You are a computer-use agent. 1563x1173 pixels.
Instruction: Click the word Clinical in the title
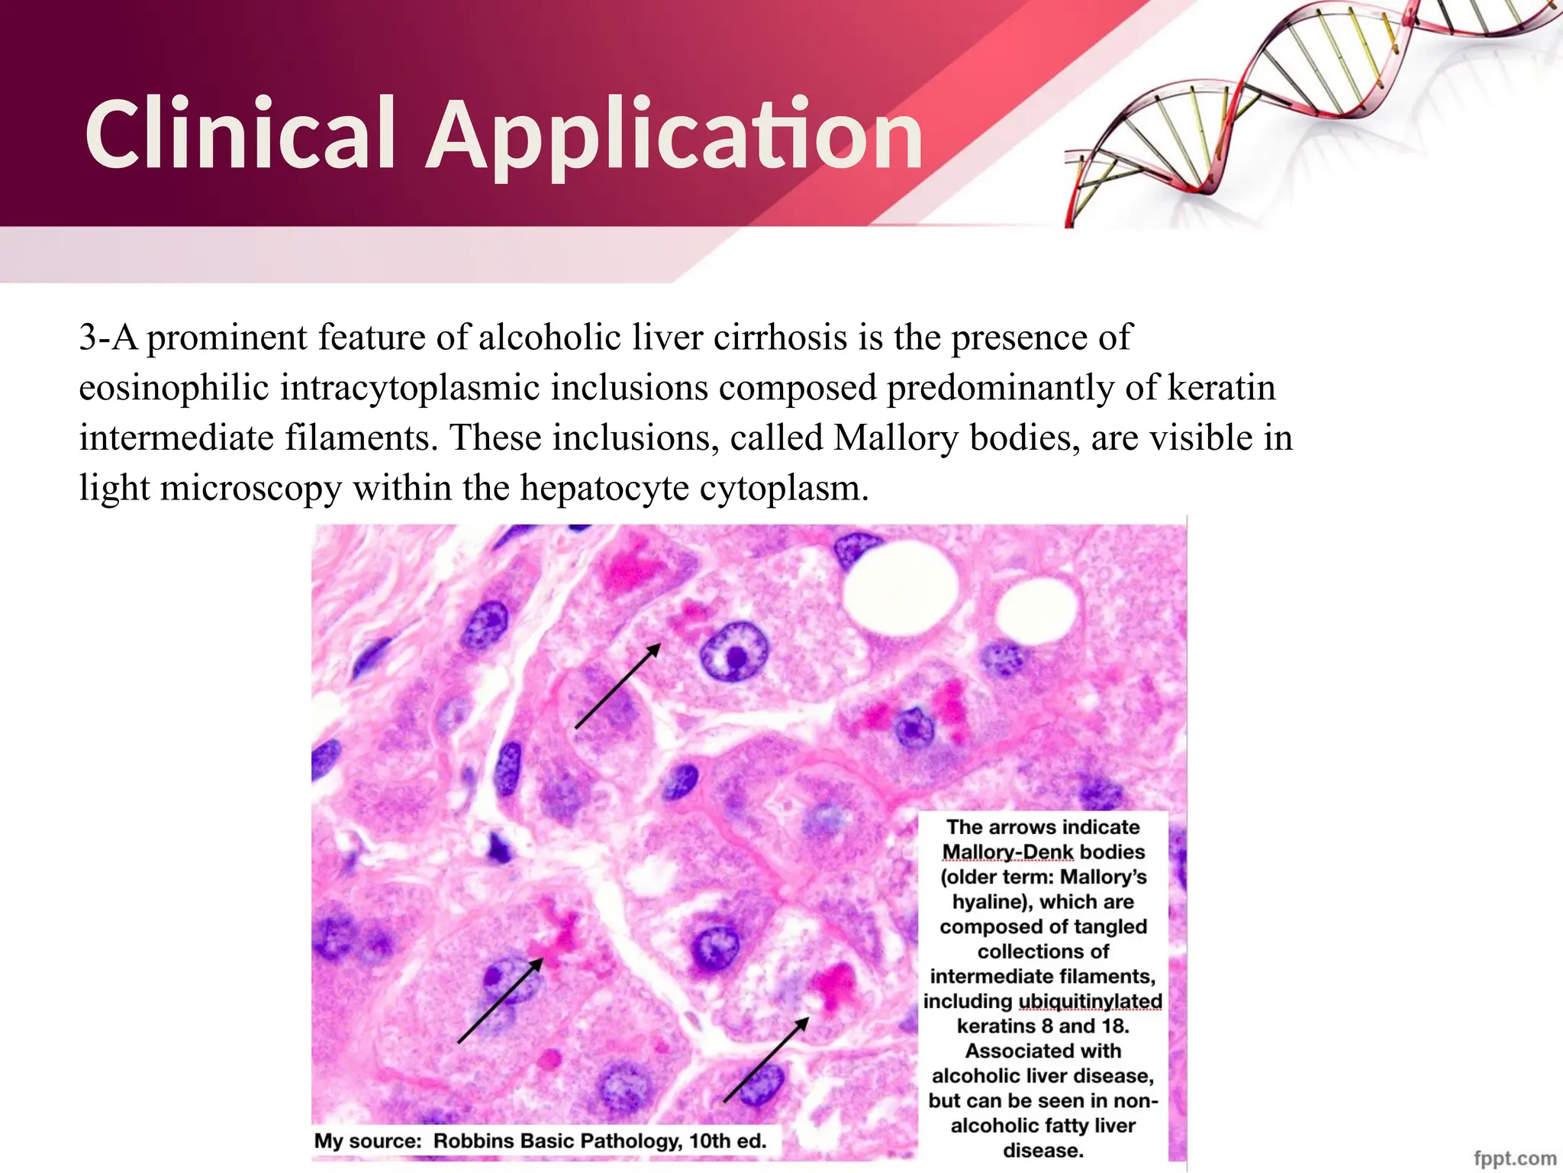click(240, 135)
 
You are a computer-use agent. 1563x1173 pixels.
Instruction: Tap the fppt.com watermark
click(1515, 1158)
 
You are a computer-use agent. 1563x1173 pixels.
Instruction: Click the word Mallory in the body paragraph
click(894, 438)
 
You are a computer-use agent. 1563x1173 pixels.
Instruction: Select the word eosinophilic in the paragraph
click(174, 388)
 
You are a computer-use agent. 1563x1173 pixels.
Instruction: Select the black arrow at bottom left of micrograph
click(500, 1001)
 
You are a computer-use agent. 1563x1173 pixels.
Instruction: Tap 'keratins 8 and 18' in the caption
click(1043, 1026)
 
